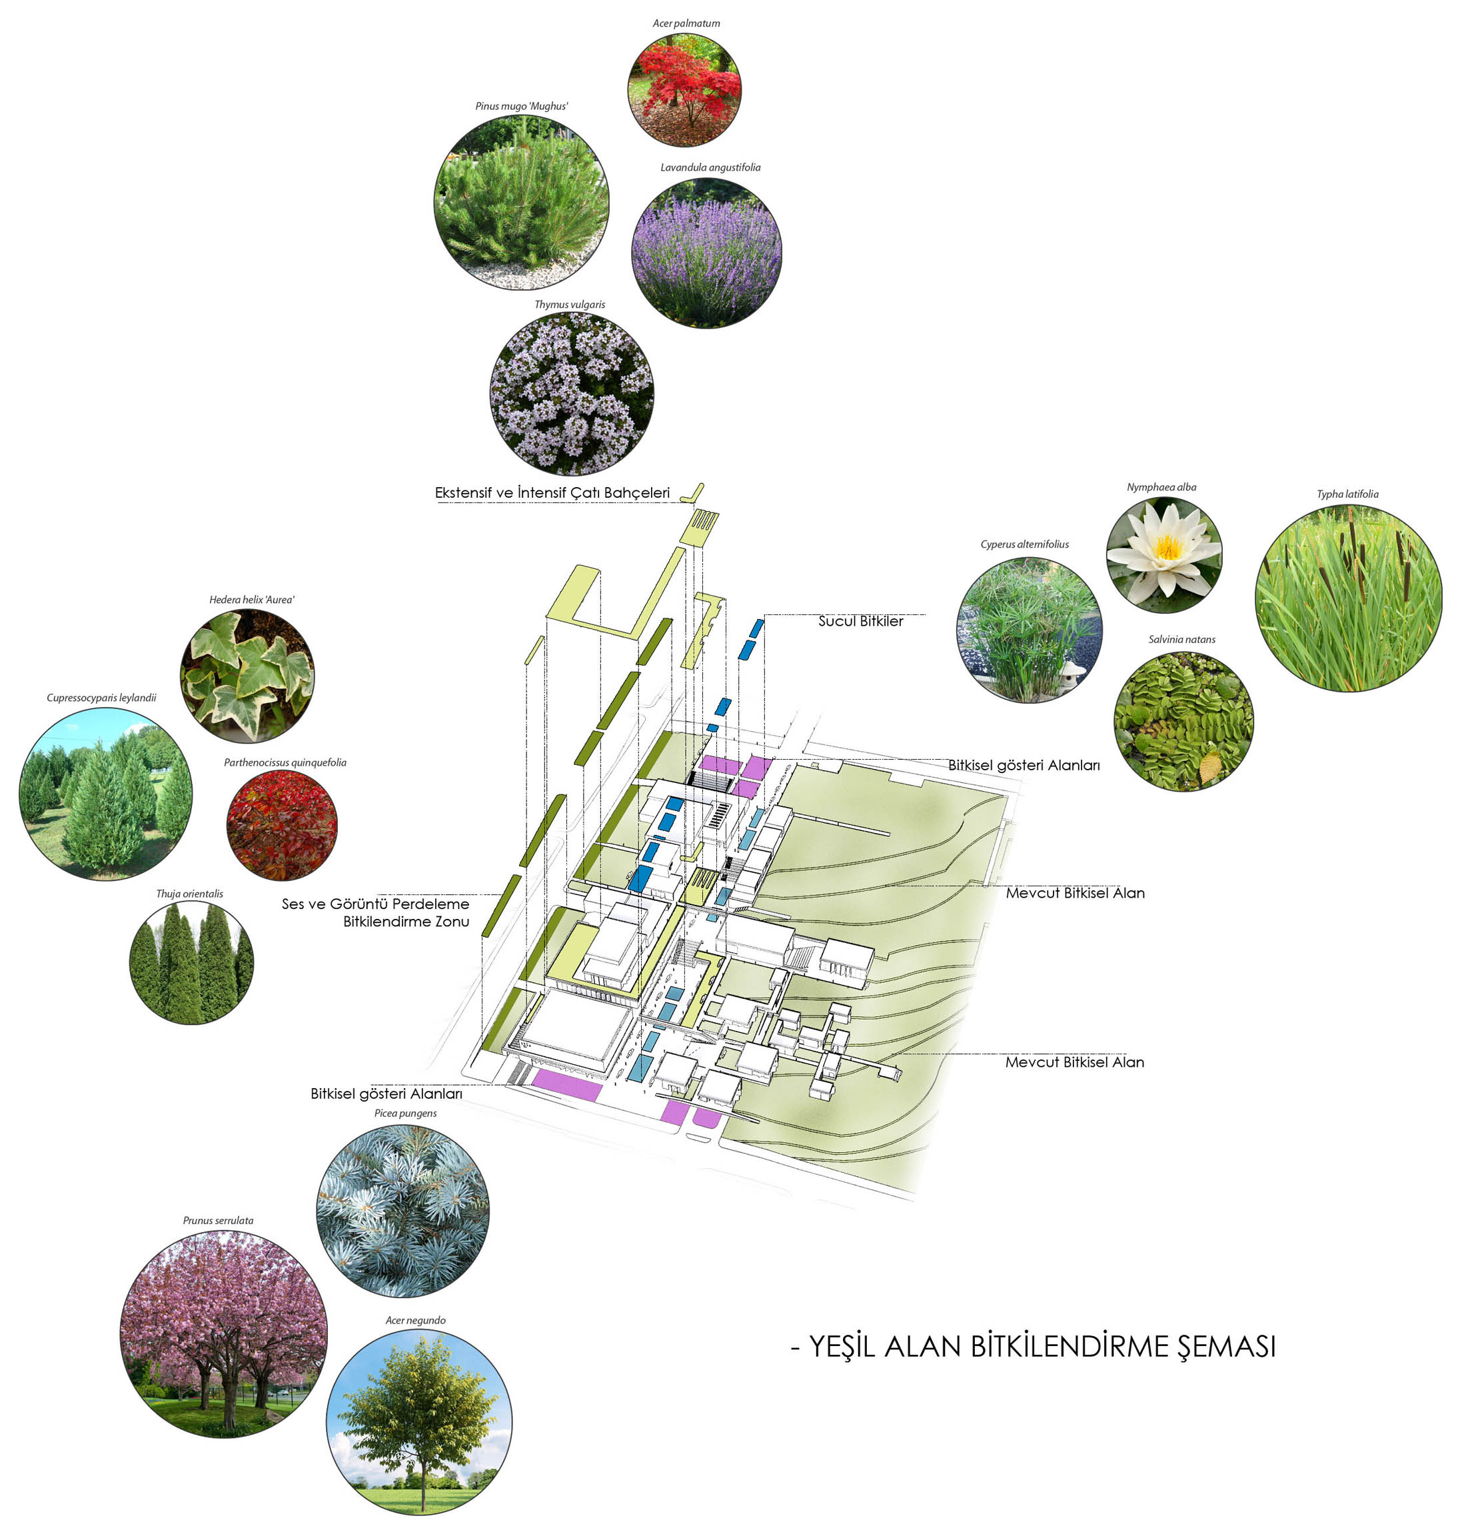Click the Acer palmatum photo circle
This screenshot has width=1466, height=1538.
684,89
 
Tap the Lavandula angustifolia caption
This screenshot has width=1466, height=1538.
710,167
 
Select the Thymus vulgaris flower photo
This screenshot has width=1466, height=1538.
571,393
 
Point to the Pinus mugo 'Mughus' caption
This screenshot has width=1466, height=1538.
521,106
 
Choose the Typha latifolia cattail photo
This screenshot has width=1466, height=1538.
1348,598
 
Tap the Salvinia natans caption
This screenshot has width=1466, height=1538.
1181,639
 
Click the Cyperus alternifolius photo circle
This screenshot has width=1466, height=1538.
1028,629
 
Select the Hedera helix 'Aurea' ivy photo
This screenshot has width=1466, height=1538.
247,675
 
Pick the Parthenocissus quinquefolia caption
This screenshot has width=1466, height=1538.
285,762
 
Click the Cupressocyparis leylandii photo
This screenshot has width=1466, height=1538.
105,793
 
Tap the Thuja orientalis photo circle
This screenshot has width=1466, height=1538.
191,961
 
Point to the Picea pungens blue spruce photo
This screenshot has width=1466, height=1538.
402,1211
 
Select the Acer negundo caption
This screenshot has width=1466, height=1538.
415,1320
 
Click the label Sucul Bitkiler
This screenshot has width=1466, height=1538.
860,621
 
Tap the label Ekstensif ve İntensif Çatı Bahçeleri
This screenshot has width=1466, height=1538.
552,492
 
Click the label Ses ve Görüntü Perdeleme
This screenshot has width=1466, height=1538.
375,904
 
